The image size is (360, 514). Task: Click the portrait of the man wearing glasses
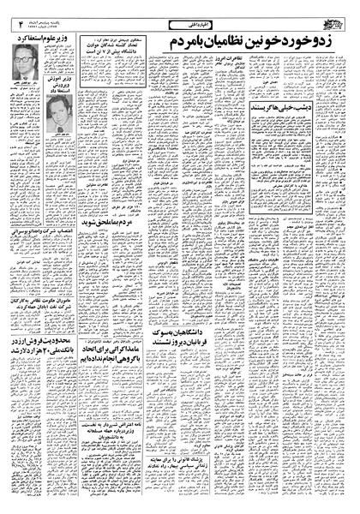click(22, 68)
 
